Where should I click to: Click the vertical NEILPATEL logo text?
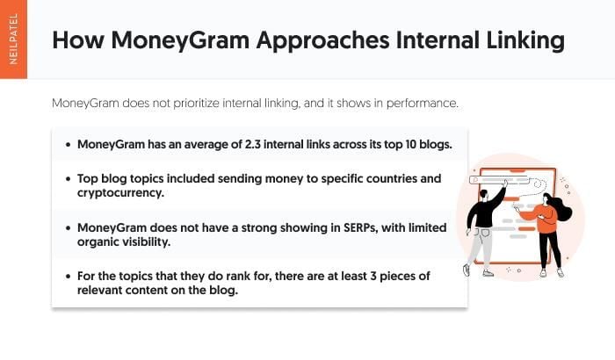click(x=13, y=40)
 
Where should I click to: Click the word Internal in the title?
click(x=438, y=40)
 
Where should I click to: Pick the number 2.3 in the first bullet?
click(x=253, y=144)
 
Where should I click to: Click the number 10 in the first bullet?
click(x=410, y=144)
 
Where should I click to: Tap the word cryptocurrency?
click(x=120, y=193)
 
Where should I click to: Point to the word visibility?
click(x=147, y=242)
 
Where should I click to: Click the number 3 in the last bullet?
click(x=373, y=276)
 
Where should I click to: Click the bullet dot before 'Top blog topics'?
click(x=69, y=179)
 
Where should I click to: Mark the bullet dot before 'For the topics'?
click(x=69, y=277)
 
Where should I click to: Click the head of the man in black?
click(x=483, y=195)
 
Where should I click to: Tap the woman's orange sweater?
click(x=542, y=218)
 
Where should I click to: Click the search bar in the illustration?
click(x=499, y=180)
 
